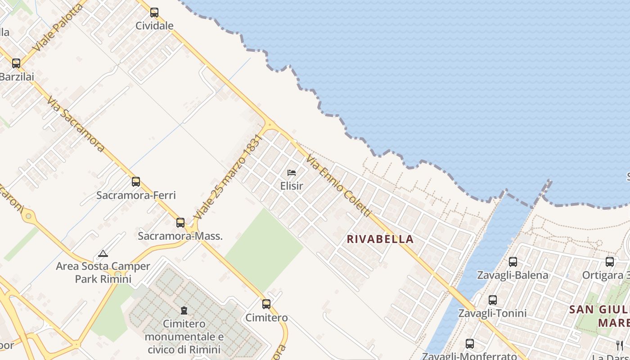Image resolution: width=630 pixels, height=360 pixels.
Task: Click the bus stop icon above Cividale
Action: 154,13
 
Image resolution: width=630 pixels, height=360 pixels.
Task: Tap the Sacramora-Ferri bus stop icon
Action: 136,182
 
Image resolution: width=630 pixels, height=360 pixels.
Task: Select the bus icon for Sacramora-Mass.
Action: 180,222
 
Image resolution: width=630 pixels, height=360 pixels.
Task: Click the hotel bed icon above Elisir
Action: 292,172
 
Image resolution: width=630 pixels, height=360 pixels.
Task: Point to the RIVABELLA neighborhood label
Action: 380,239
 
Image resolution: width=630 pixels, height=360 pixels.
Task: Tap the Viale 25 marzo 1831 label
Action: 228,177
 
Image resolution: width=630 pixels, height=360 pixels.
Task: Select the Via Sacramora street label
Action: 76,124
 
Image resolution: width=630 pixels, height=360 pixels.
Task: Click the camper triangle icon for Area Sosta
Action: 103,253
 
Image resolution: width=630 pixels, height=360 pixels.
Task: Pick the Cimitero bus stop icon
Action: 266,304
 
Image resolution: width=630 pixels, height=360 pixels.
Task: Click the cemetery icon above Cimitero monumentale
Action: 184,310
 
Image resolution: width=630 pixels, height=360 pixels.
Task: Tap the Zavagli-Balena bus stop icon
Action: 513,262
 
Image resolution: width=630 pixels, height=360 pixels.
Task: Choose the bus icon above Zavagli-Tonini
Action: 493,300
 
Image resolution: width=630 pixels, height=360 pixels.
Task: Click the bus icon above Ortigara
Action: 610,262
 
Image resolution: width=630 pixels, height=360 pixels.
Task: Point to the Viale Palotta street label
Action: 58,27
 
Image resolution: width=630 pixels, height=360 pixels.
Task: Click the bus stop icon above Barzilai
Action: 16,63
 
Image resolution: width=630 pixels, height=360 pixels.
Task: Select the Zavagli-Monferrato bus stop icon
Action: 470,344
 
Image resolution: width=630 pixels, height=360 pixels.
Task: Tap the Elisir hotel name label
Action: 292,185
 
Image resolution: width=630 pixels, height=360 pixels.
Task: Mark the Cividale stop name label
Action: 154,26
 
